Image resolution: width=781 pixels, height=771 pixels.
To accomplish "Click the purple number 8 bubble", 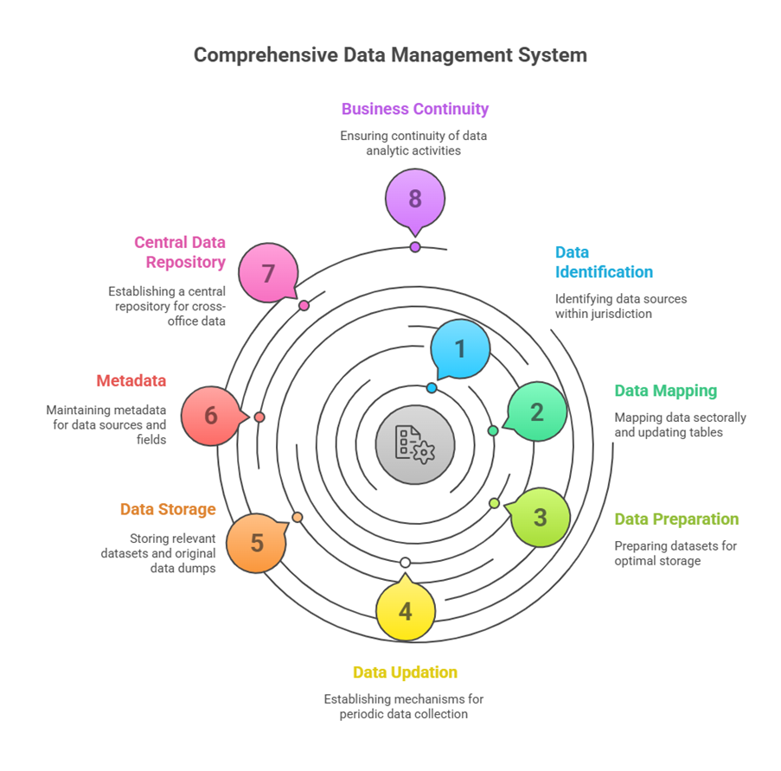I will (415, 199).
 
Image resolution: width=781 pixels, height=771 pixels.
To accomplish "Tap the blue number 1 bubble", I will (460, 348).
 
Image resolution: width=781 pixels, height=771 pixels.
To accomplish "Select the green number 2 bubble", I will (536, 412).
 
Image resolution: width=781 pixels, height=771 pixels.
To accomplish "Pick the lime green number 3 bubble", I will (541, 517).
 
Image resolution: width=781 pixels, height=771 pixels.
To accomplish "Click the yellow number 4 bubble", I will (405, 612).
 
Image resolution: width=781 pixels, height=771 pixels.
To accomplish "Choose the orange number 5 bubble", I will (257, 543).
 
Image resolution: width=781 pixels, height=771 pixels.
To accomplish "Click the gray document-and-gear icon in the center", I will (415, 443).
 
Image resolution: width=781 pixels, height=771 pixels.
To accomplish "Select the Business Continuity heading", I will (415, 109).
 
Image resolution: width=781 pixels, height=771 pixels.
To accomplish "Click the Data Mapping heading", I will (665, 391).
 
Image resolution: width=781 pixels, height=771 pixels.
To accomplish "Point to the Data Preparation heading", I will (676, 519).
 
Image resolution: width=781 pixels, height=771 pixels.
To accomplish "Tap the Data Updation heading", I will (405, 672).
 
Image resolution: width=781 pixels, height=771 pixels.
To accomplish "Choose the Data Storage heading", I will (168, 509).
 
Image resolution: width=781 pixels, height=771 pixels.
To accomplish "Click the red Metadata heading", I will (131, 381).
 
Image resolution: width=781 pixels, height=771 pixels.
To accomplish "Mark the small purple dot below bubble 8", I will (415, 247).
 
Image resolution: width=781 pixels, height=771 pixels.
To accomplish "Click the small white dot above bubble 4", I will (405, 563).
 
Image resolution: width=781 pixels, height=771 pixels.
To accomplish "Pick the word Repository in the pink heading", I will (185, 262).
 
